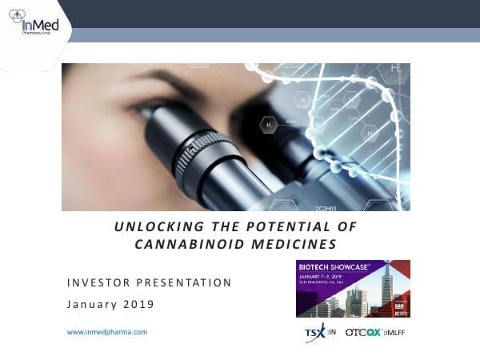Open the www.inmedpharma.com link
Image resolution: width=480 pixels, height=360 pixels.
click(106, 331)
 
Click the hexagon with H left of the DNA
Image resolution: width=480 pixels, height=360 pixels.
click(270, 125)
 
